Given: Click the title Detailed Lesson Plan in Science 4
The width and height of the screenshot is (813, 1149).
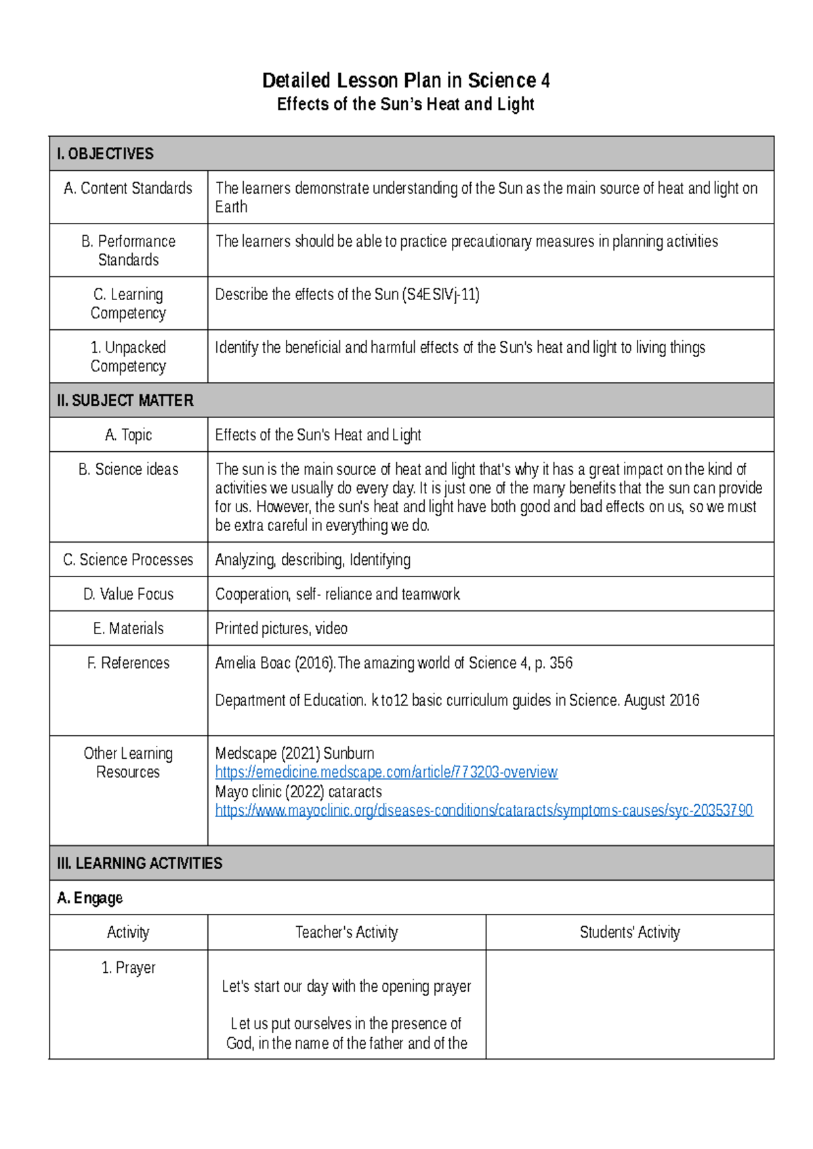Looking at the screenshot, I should (x=406, y=81).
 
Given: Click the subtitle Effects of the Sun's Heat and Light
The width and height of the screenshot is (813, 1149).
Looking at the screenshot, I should (x=406, y=104).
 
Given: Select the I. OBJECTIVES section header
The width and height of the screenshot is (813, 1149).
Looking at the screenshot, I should (x=106, y=154).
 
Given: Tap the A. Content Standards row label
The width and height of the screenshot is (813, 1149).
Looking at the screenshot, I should (x=128, y=188).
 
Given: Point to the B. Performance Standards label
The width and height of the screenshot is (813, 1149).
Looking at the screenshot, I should (x=128, y=251).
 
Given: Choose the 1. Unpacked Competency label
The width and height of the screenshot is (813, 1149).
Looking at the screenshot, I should (x=128, y=356).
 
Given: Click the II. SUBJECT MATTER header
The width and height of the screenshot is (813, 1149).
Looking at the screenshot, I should (x=125, y=400).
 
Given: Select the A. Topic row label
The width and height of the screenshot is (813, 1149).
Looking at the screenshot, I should (x=128, y=435).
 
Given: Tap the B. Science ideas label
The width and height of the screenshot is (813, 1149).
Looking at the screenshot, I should (x=128, y=469).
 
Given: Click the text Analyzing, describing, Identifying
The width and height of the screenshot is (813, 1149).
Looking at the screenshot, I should (x=312, y=560).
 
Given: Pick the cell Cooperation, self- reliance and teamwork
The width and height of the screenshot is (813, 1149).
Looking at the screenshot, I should (x=337, y=594).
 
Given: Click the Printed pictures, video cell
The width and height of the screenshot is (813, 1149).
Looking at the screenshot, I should (x=281, y=629).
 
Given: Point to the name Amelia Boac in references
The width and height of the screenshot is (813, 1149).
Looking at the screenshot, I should (x=253, y=663).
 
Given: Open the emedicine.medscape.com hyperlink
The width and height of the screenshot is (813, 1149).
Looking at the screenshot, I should (x=386, y=772).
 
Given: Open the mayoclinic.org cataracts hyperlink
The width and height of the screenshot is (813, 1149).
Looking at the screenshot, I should (x=484, y=810).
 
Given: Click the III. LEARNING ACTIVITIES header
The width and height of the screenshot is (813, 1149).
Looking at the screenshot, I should (x=140, y=863).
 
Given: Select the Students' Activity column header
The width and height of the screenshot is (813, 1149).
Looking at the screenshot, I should (x=629, y=932).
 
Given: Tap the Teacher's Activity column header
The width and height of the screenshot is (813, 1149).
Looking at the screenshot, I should (x=346, y=932).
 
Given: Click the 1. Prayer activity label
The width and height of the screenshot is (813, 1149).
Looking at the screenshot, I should (x=128, y=967).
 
